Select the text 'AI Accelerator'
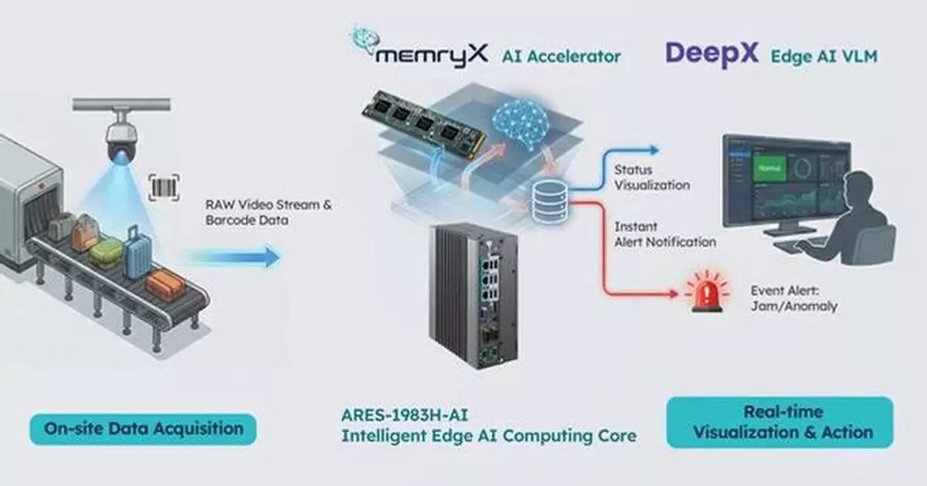561,56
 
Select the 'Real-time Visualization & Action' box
779,422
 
